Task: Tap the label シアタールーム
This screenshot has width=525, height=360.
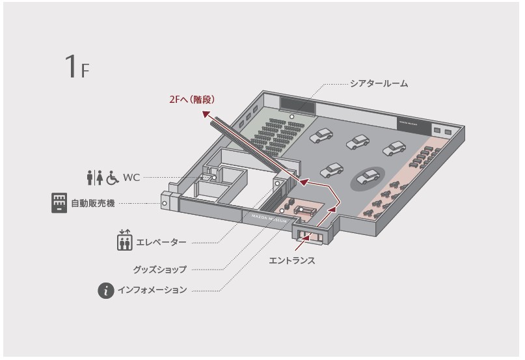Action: pos(379,83)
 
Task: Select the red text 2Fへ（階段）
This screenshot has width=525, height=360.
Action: pos(191,100)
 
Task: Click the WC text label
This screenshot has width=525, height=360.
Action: pos(132,176)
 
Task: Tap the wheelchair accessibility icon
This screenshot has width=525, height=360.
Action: pos(113,176)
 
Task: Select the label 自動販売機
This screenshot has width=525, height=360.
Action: pos(93,204)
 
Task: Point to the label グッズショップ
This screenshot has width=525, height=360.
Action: pos(160,269)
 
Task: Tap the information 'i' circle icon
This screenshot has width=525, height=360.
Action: pos(106,290)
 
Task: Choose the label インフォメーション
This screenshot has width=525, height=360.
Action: pos(152,290)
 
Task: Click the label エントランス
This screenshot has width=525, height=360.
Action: pos(292,260)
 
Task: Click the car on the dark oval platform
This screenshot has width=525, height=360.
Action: pos(368,176)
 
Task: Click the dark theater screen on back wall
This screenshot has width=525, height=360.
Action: pos(298,104)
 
